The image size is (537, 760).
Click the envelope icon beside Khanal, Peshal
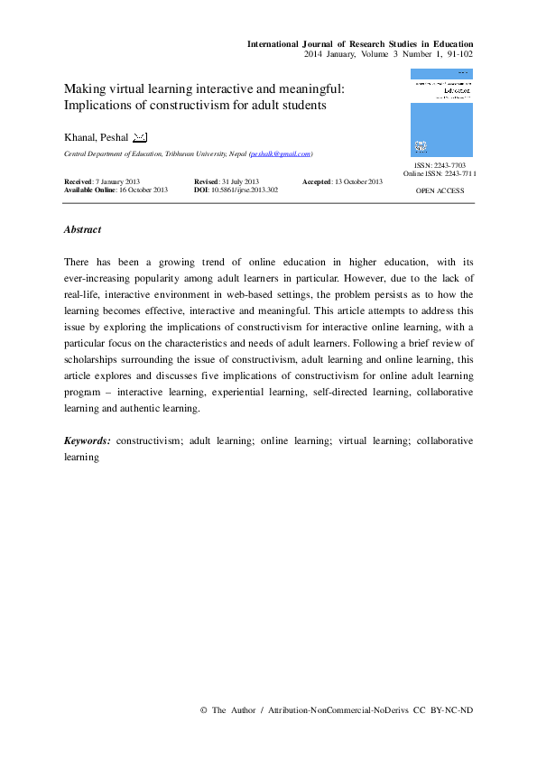click(140, 137)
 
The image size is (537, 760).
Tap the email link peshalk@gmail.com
click(281, 154)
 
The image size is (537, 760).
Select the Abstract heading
click(82, 230)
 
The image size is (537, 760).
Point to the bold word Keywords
click(88, 442)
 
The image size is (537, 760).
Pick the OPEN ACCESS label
click(440, 191)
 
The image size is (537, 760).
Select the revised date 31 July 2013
click(238, 181)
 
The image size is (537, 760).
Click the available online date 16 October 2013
click(143, 190)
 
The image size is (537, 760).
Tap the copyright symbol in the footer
click(203, 710)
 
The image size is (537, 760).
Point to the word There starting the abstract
click(78, 262)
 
